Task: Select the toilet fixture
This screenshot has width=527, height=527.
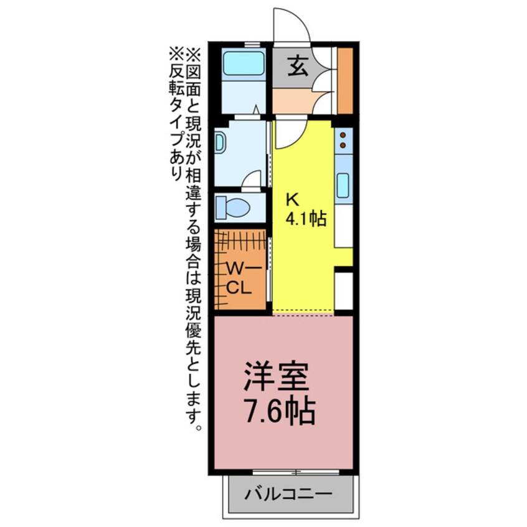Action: point(233,206)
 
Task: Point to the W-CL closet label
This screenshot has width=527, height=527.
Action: point(238,278)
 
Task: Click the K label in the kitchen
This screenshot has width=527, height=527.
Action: point(292,199)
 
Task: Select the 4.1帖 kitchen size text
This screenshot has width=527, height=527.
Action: point(306,219)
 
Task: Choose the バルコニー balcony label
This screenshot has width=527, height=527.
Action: point(288,496)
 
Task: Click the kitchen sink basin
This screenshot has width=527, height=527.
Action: point(343,185)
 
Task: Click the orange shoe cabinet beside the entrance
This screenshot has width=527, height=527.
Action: point(345,77)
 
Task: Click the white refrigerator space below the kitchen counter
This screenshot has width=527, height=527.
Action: point(344,291)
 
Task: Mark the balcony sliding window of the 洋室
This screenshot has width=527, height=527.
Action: point(296,472)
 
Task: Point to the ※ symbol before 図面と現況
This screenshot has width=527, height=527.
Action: point(191,53)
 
